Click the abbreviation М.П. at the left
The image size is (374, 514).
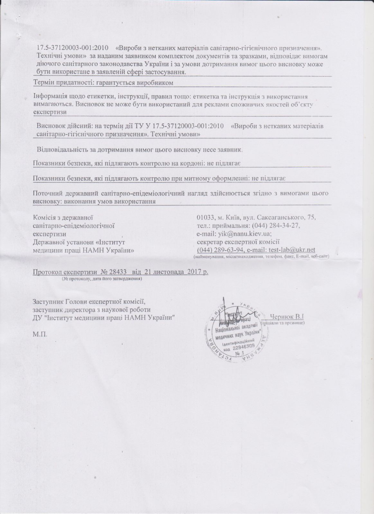click(x=40, y=334)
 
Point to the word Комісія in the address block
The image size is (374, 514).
click(x=44, y=217)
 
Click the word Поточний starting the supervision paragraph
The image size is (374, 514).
click(x=46, y=193)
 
